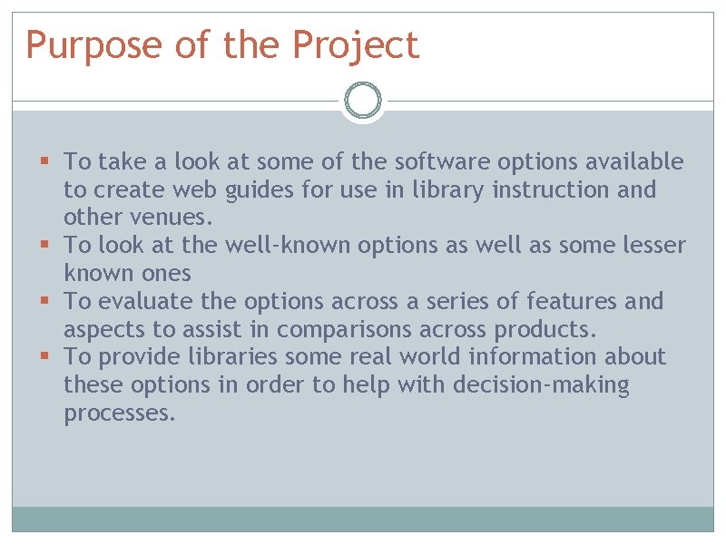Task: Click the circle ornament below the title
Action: point(363,102)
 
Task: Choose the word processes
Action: point(119,413)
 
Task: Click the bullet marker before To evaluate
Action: point(44,301)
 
